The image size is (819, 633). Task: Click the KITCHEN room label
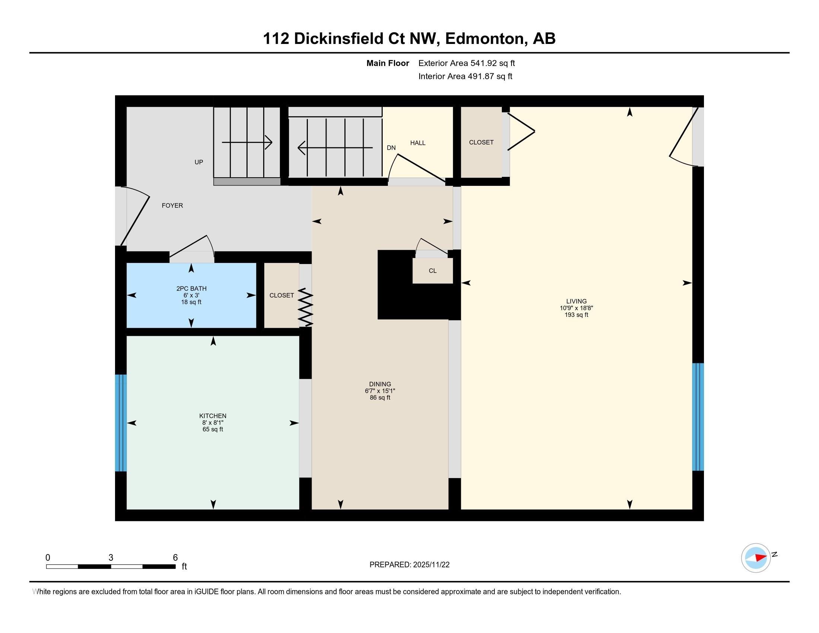pyautogui.click(x=213, y=416)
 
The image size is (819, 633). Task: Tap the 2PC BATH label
pyautogui.click(x=191, y=288)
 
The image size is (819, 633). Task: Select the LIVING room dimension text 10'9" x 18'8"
pyautogui.click(x=576, y=308)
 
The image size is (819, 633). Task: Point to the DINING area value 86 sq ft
pyautogui.click(x=380, y=398)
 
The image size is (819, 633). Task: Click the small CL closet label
pyautogui.click(x=432, y=271)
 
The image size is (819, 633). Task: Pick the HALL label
pyautogui.click(x=417, y=143)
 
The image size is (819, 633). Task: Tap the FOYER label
pyautogui.click(x=172, y=206)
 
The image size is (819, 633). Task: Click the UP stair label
pyautogui.click(x=199, y=162)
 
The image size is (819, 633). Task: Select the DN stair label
pyautogui.click(x=391, y=148)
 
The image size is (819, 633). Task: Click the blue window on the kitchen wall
pyautogui.click(x=120, y=423)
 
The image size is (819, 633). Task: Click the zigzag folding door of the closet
pyautogui.click(x=305, y=307)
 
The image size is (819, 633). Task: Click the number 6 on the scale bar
pyautogui.click(x=175, y=558)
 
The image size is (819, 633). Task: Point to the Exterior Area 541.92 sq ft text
pyautogui.click(x=466, y=63)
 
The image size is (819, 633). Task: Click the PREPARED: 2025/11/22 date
pyautogui.click(x=409, y=565)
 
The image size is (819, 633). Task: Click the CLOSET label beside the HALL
pyautogui.click(x=481, y=143)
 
